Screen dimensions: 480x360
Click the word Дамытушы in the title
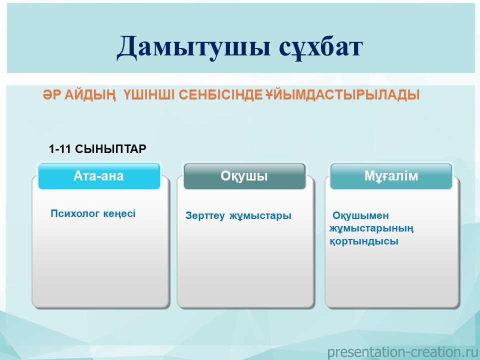click(x=193, y=47)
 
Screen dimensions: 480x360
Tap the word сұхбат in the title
click(x=321, y=47)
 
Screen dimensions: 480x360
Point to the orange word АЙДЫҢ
click(x=90, y=95)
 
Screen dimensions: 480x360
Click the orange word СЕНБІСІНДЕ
click(x=220, y=95)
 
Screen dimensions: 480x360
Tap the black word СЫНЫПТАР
click(x=110, y=149)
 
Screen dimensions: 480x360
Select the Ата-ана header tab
click(x=99, y=176)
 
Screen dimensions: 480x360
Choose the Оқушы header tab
click(x=244, y=176)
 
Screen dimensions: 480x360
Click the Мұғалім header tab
click(x=391, y=176)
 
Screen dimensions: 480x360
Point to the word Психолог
click(x=75, y=213)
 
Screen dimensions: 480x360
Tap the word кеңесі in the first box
click(x=119, y=213)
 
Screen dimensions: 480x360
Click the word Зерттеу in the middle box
click(x=205, y=215)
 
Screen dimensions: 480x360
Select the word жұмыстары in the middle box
click(x=260, y=216)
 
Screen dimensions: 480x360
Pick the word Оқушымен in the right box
click(x=360, y=215)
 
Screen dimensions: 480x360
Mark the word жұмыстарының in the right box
click(x=371, y=228)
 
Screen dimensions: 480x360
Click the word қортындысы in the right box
click(x=364, y=241)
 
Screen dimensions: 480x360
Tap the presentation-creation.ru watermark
click(x=403, y=352)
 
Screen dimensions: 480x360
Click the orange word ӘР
click(x=52, y=95)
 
